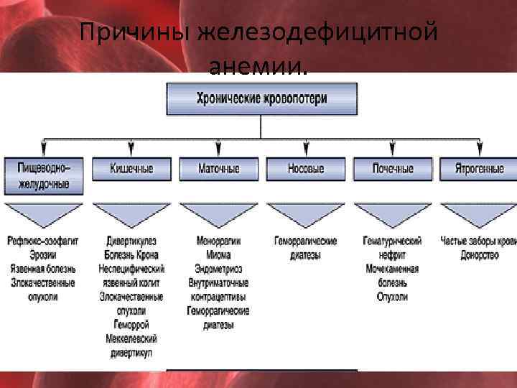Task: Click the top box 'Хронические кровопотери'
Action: tap(261, 99)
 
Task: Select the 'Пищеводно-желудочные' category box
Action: tap(44, 175)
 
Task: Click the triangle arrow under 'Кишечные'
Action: tap(131, 214)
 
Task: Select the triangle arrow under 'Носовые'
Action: tap(306, 214)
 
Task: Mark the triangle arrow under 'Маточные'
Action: tap(218, 214)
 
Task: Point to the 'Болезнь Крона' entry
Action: tap(131, 254)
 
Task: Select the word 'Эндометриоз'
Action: tap(218, 269)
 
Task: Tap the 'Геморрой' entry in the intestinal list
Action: tap(131, 324)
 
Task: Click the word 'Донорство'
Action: tap(480, 254)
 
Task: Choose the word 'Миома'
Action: tap(218, 254)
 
